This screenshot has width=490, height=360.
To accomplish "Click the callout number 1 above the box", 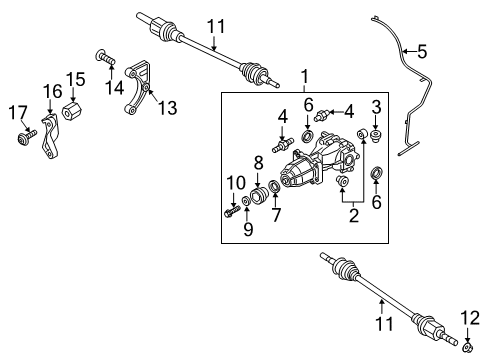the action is tap(304, 76).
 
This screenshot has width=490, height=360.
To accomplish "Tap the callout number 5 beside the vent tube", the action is tap(422, 52).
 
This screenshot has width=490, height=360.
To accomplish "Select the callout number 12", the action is tap(470, 318).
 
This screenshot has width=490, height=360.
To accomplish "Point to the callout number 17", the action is tap(18, 112).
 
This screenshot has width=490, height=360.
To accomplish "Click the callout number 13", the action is tap(167, 108).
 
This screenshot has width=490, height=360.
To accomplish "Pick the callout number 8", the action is tap(258, 163).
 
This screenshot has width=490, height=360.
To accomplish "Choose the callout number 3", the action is tap(376, 107).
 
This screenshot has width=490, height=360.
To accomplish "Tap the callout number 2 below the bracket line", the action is tap(353, 215).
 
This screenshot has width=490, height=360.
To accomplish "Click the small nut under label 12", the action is tap(468, 348).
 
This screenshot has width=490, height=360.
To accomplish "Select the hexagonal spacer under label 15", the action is tap(72, 111).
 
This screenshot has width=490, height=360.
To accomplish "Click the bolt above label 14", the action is tap(105, 57).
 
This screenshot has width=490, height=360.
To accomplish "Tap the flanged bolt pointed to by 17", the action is tap(26, 137).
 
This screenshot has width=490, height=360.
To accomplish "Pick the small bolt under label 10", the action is tap(232, 211).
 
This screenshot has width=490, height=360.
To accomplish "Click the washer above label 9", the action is tap(247, 201).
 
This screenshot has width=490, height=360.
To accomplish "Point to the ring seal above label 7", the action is tap(275, 186).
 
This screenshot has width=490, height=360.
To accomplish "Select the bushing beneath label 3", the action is tap(376, 137).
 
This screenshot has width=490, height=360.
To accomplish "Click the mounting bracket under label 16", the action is tap(50, 136).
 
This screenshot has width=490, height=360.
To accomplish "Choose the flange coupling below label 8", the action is tap(258, 196).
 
